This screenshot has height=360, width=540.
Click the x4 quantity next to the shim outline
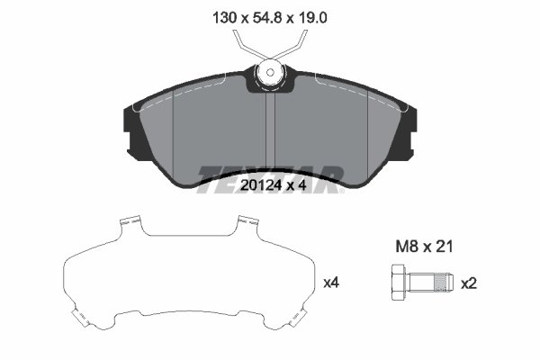(x=330, y=283)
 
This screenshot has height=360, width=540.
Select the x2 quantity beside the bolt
(x=468, y=283)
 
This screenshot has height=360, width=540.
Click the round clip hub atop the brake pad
(x=269, y=74)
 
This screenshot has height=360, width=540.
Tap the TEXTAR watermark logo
(x=269, y=173)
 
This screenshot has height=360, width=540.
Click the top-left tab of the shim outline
(x=130, y=221)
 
